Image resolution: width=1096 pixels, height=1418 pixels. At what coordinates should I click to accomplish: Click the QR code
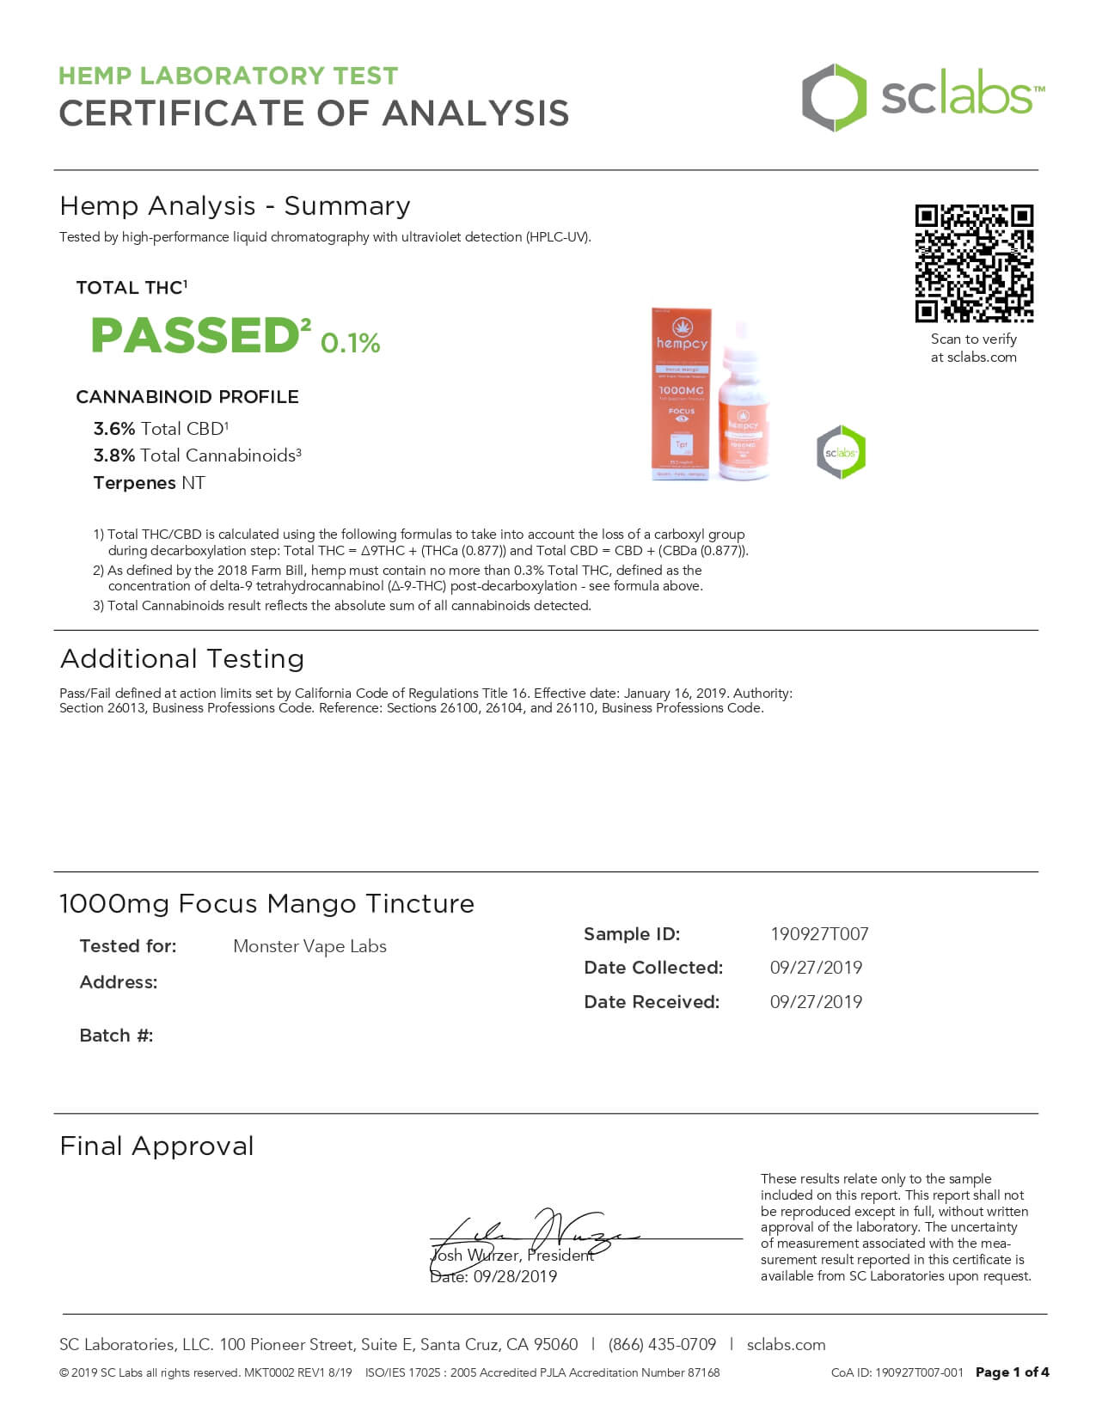click(974, 263)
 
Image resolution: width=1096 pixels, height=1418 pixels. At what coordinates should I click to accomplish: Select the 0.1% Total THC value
click(350, 343)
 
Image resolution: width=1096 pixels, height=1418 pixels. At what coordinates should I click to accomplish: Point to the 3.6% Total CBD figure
click(114, 429)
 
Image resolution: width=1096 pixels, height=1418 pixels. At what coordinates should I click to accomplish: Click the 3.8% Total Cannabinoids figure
click(114, 455)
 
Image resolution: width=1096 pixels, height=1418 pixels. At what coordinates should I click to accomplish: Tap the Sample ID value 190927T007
click(818, 934)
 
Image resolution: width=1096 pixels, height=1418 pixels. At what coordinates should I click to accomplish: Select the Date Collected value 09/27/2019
click(816, 968)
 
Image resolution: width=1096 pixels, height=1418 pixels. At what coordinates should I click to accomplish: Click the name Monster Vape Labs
click(309, 946)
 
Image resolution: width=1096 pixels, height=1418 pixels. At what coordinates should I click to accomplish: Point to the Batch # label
click(116, 1036)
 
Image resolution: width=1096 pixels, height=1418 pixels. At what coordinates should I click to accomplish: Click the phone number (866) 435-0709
click(662, 1345)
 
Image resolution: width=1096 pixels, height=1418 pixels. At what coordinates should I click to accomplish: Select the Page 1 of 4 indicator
click(1012, 1372)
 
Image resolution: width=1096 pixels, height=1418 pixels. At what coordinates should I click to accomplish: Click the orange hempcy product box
click(682, 394)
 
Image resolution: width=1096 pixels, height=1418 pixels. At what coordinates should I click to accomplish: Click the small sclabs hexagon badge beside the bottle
click(841, 452)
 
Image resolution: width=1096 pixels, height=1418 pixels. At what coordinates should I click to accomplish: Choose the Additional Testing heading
click(182, 659)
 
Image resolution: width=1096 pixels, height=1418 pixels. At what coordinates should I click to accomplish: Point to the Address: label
click(119, 982)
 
